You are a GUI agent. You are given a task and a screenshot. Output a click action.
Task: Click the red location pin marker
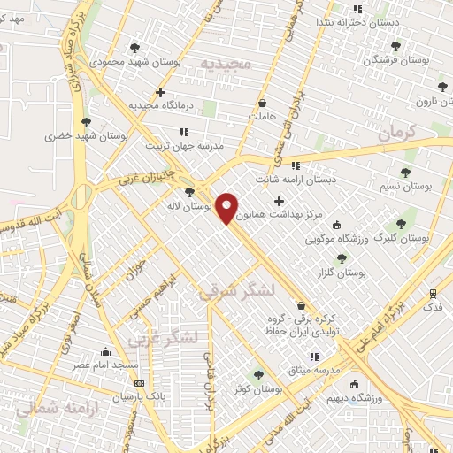227,208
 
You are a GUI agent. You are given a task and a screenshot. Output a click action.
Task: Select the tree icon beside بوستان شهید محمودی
134,48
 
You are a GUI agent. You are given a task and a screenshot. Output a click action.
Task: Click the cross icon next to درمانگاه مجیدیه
160,92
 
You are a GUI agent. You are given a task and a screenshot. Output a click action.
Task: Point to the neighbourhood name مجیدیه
226,65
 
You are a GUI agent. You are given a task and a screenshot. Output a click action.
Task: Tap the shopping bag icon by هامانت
263,102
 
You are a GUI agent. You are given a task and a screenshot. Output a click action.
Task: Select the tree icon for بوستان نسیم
406,173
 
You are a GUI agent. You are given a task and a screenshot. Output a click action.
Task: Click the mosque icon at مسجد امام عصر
106,351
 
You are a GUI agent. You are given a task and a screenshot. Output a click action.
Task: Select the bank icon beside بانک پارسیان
139,383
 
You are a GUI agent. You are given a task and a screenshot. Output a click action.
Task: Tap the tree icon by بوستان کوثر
258,374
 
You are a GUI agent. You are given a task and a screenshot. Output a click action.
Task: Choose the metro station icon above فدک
433,293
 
